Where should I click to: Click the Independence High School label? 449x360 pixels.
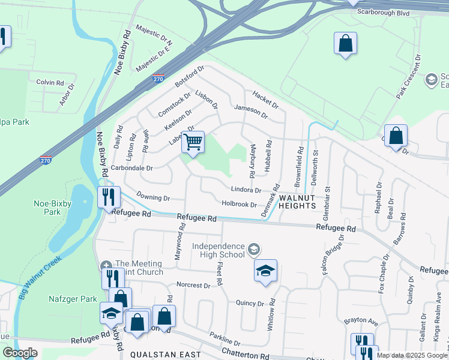(x=218, y=251)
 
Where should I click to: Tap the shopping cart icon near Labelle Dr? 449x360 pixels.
(x=193, y=143)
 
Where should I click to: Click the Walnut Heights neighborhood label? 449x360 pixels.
(x=297, y=202)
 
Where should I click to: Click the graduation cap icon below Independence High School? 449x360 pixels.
(x=265, y=271)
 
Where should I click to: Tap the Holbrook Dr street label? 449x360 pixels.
(x=240, y=205)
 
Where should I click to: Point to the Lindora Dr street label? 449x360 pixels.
(x=246, y=190)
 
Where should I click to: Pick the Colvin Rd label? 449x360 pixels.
(x=50, y=82)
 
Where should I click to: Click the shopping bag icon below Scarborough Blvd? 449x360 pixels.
(x=345, y=43)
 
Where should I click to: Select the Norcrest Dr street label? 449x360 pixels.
(x=193, y=286)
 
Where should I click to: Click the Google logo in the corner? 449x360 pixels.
(x=20, y=353)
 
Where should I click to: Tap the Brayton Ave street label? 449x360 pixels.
(x=360, y=321)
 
